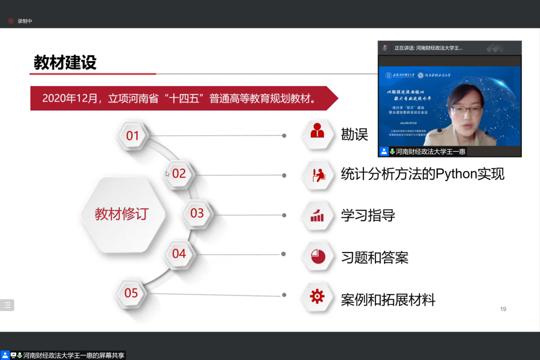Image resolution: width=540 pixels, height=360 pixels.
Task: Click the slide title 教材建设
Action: [x=65, y=63]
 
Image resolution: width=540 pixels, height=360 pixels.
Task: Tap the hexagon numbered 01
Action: [x=132, y=135]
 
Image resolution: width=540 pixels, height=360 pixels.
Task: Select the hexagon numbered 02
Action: [x=179, y=174]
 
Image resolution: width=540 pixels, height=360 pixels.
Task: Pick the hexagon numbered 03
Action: [x=197, y=213]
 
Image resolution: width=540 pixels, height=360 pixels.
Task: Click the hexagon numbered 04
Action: [x=179, y=253]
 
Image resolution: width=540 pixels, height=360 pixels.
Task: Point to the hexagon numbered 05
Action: [x=131, y=293]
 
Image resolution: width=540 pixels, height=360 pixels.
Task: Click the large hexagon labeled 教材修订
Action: [x=122, y=214]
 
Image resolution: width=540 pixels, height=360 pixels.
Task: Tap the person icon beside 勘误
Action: [x=317, y=131]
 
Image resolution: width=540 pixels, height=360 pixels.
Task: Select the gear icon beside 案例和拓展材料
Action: [x=317, y=296]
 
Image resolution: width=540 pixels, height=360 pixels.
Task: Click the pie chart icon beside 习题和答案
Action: [x=317, y=256]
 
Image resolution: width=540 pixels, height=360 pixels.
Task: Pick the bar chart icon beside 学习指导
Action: [x=317, y=215]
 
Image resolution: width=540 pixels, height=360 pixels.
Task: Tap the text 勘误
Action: [x=354, y=134]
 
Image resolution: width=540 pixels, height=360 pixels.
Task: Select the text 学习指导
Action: [x=368, y=215]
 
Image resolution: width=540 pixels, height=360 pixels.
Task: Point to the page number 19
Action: [x=503, y=309]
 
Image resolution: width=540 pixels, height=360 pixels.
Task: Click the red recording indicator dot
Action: [x=11, y=21]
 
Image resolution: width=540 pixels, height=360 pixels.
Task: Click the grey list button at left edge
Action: [x=7, y=305]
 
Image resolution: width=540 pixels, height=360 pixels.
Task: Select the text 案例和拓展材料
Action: [x=388, y=300]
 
